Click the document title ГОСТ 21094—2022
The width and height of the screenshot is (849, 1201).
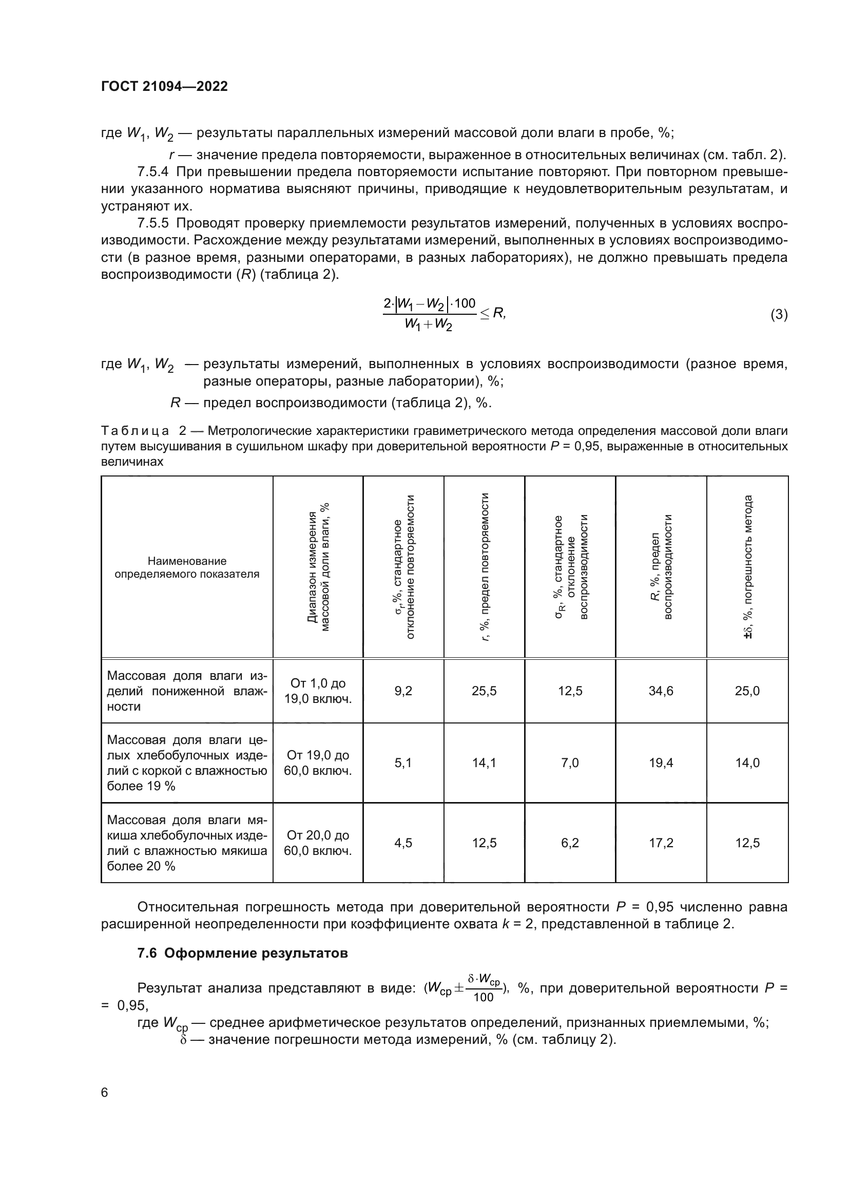tap(164, 86)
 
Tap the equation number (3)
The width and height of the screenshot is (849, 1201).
tap(779, 314)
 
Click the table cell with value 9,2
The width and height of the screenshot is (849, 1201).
tap(403, 691)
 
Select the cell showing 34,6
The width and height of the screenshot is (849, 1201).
tap(661, 691)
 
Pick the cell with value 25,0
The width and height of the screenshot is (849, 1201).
tap(747, 691)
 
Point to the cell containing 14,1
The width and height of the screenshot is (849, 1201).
tap(484, 762)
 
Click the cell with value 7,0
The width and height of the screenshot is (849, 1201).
tap(570, 762)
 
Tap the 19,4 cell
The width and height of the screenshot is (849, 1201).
tap(661, 762)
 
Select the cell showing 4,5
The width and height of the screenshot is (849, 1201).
tap(403, 843)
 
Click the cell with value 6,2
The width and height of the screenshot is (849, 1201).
tap(570, 843)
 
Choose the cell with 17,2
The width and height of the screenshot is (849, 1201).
tap(661, 843)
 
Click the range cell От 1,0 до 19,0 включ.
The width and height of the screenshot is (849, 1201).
tap(318, 691)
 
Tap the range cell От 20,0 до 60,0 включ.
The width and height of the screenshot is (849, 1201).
tap(318, 843)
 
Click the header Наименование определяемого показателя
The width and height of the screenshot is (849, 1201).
tap(187, 567)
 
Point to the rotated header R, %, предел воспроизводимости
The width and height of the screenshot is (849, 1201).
tap(661, 567)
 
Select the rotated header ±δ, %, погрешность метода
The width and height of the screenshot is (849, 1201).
tap(747, 567)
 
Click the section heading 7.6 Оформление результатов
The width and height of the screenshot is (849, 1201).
tap(243, 954)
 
